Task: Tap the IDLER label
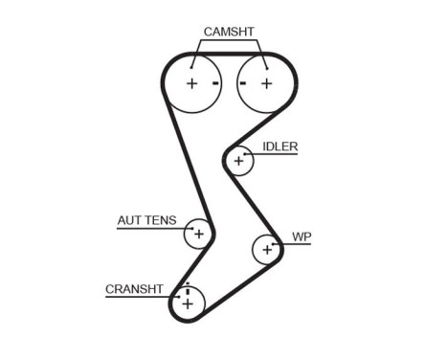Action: (279, 146)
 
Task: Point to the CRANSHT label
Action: (134, 288)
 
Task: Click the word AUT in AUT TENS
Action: (129, 220)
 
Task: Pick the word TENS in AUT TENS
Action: (161, 220)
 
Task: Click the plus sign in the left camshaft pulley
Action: (192, 83)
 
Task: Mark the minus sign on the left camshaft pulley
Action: (216, 83)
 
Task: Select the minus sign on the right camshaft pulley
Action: (243, 83)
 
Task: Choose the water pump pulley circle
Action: (265, 250)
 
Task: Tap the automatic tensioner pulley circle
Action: (198, 233)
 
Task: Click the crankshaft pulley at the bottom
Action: (188, 304)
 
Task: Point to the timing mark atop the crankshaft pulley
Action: (188, 290)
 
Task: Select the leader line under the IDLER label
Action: (278, 154)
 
